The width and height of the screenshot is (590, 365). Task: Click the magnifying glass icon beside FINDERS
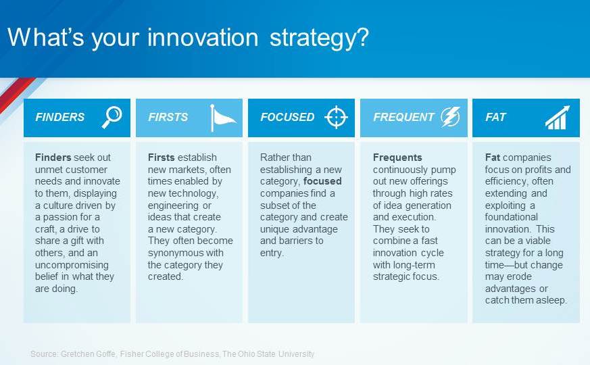[x=112, y=117]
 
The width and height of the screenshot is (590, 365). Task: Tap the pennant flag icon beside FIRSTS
[x=223, y=118]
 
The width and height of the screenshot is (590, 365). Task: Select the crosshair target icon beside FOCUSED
[x=336, y=117]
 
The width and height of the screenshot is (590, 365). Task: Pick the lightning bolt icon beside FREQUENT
[x=450, y=117]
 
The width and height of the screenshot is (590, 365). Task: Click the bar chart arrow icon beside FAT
[x=558, y=118]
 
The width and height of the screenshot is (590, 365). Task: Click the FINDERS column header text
[x=60, y=117]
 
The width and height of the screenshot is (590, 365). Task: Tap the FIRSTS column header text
[x=168, y=117]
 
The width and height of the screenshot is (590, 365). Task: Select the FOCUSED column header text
[x=287, y=117]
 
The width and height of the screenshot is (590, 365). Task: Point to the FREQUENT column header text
[x=403, y=117]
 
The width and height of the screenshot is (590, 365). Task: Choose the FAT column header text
[x=495, y=117]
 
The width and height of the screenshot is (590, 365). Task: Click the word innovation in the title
[x=203, y=38]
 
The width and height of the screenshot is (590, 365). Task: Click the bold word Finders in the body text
[x=53, y=157]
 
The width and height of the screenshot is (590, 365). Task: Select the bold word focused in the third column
[x=322, y=181]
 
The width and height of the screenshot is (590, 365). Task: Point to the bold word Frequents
[x=397, y=157]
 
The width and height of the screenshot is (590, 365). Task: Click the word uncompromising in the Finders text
[x=72, y=265]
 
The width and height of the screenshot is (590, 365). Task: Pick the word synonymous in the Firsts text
[x=185, y=253]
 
